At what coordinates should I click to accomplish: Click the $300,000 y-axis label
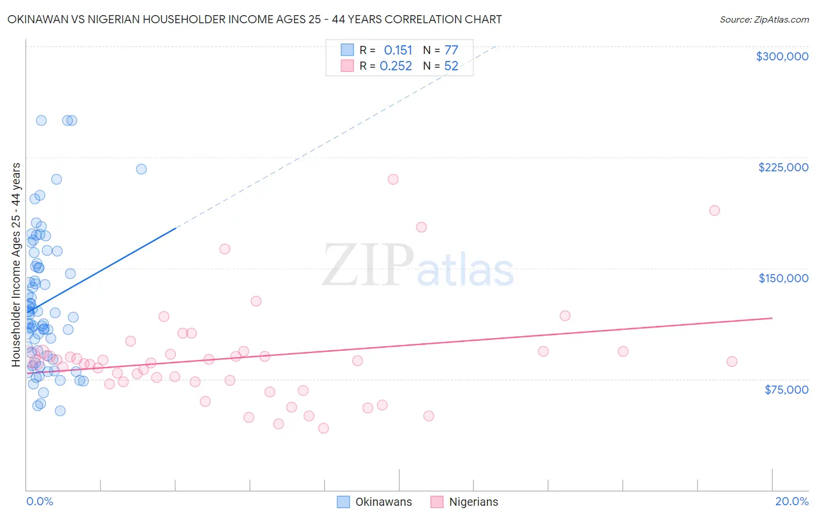tap(782, 56)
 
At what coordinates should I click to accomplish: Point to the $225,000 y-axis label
tap(783, 167)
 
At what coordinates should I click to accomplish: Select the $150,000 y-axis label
tap(783, 278)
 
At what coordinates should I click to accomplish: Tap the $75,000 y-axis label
tap(786, 390)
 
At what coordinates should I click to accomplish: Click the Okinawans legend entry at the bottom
tap(375, 502)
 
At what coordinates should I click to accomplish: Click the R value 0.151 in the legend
tap(398, 51)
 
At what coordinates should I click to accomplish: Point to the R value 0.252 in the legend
tap(396, 66)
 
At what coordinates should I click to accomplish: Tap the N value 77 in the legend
tap(451, 51)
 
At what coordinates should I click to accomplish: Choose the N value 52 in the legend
tap(451, 66)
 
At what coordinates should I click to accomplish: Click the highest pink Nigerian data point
tap(393, 179)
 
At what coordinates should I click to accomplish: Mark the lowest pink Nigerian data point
tap(323, 428)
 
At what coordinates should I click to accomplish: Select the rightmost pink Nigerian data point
tap(732, 361)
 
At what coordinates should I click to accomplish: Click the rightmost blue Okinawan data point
tap(141, 169)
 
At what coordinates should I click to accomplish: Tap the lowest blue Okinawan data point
tap(60, 411)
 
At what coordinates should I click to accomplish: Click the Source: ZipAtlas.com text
tap(764, 20)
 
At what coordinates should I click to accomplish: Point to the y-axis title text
tap(16, 265)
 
